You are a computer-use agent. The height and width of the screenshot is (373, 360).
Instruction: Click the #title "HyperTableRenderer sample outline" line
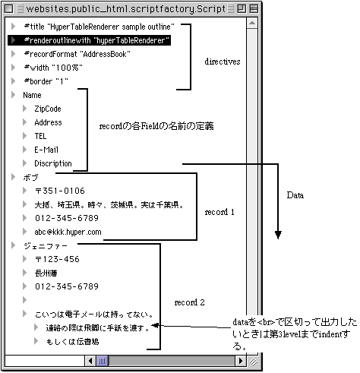point(99,26)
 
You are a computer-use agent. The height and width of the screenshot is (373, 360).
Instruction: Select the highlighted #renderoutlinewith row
point(96,40)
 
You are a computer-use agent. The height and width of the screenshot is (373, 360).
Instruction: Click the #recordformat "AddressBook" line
point(77,54)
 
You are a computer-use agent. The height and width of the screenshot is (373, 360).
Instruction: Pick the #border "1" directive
point(46,81)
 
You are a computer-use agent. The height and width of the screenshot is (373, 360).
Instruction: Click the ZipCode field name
point(47,109)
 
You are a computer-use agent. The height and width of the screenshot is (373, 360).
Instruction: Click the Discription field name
point(52,163)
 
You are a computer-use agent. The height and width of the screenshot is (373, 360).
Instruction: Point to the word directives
point(223,61)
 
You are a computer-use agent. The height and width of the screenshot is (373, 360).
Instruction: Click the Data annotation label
point(295,196)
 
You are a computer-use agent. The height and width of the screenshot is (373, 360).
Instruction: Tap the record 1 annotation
point(220,212)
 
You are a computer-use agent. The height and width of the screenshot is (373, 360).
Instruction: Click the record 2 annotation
point(190,302)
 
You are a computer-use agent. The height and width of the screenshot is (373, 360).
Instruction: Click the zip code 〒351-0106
point(59,191)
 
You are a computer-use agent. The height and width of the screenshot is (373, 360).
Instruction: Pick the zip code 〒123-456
point(57,259)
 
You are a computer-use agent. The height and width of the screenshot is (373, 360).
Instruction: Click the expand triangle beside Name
point(13,95)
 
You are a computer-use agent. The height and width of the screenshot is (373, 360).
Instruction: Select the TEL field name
point(40,136)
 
